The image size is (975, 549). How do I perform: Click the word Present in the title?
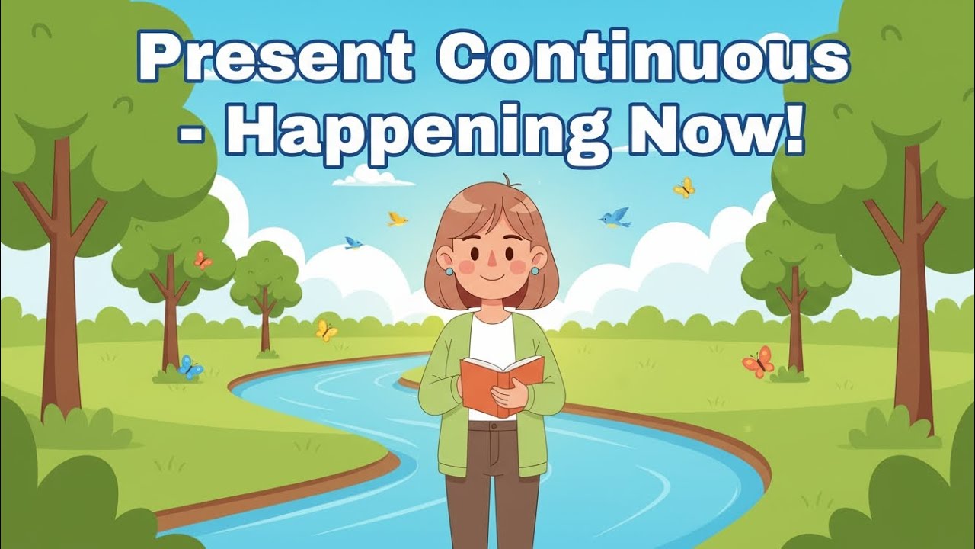[x=275, y=59]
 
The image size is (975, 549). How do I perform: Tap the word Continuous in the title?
[x=644, y=59]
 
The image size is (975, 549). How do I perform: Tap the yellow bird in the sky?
[x=397, y=220]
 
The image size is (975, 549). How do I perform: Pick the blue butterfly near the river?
[x=190, y=368]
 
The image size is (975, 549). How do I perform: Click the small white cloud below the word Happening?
[x=373, y=178]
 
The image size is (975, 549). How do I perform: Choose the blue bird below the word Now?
[x=615, y=217]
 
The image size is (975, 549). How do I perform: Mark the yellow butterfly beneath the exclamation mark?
[x=684, y=188]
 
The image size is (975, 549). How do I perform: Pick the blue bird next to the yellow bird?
[x=353, y=243]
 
